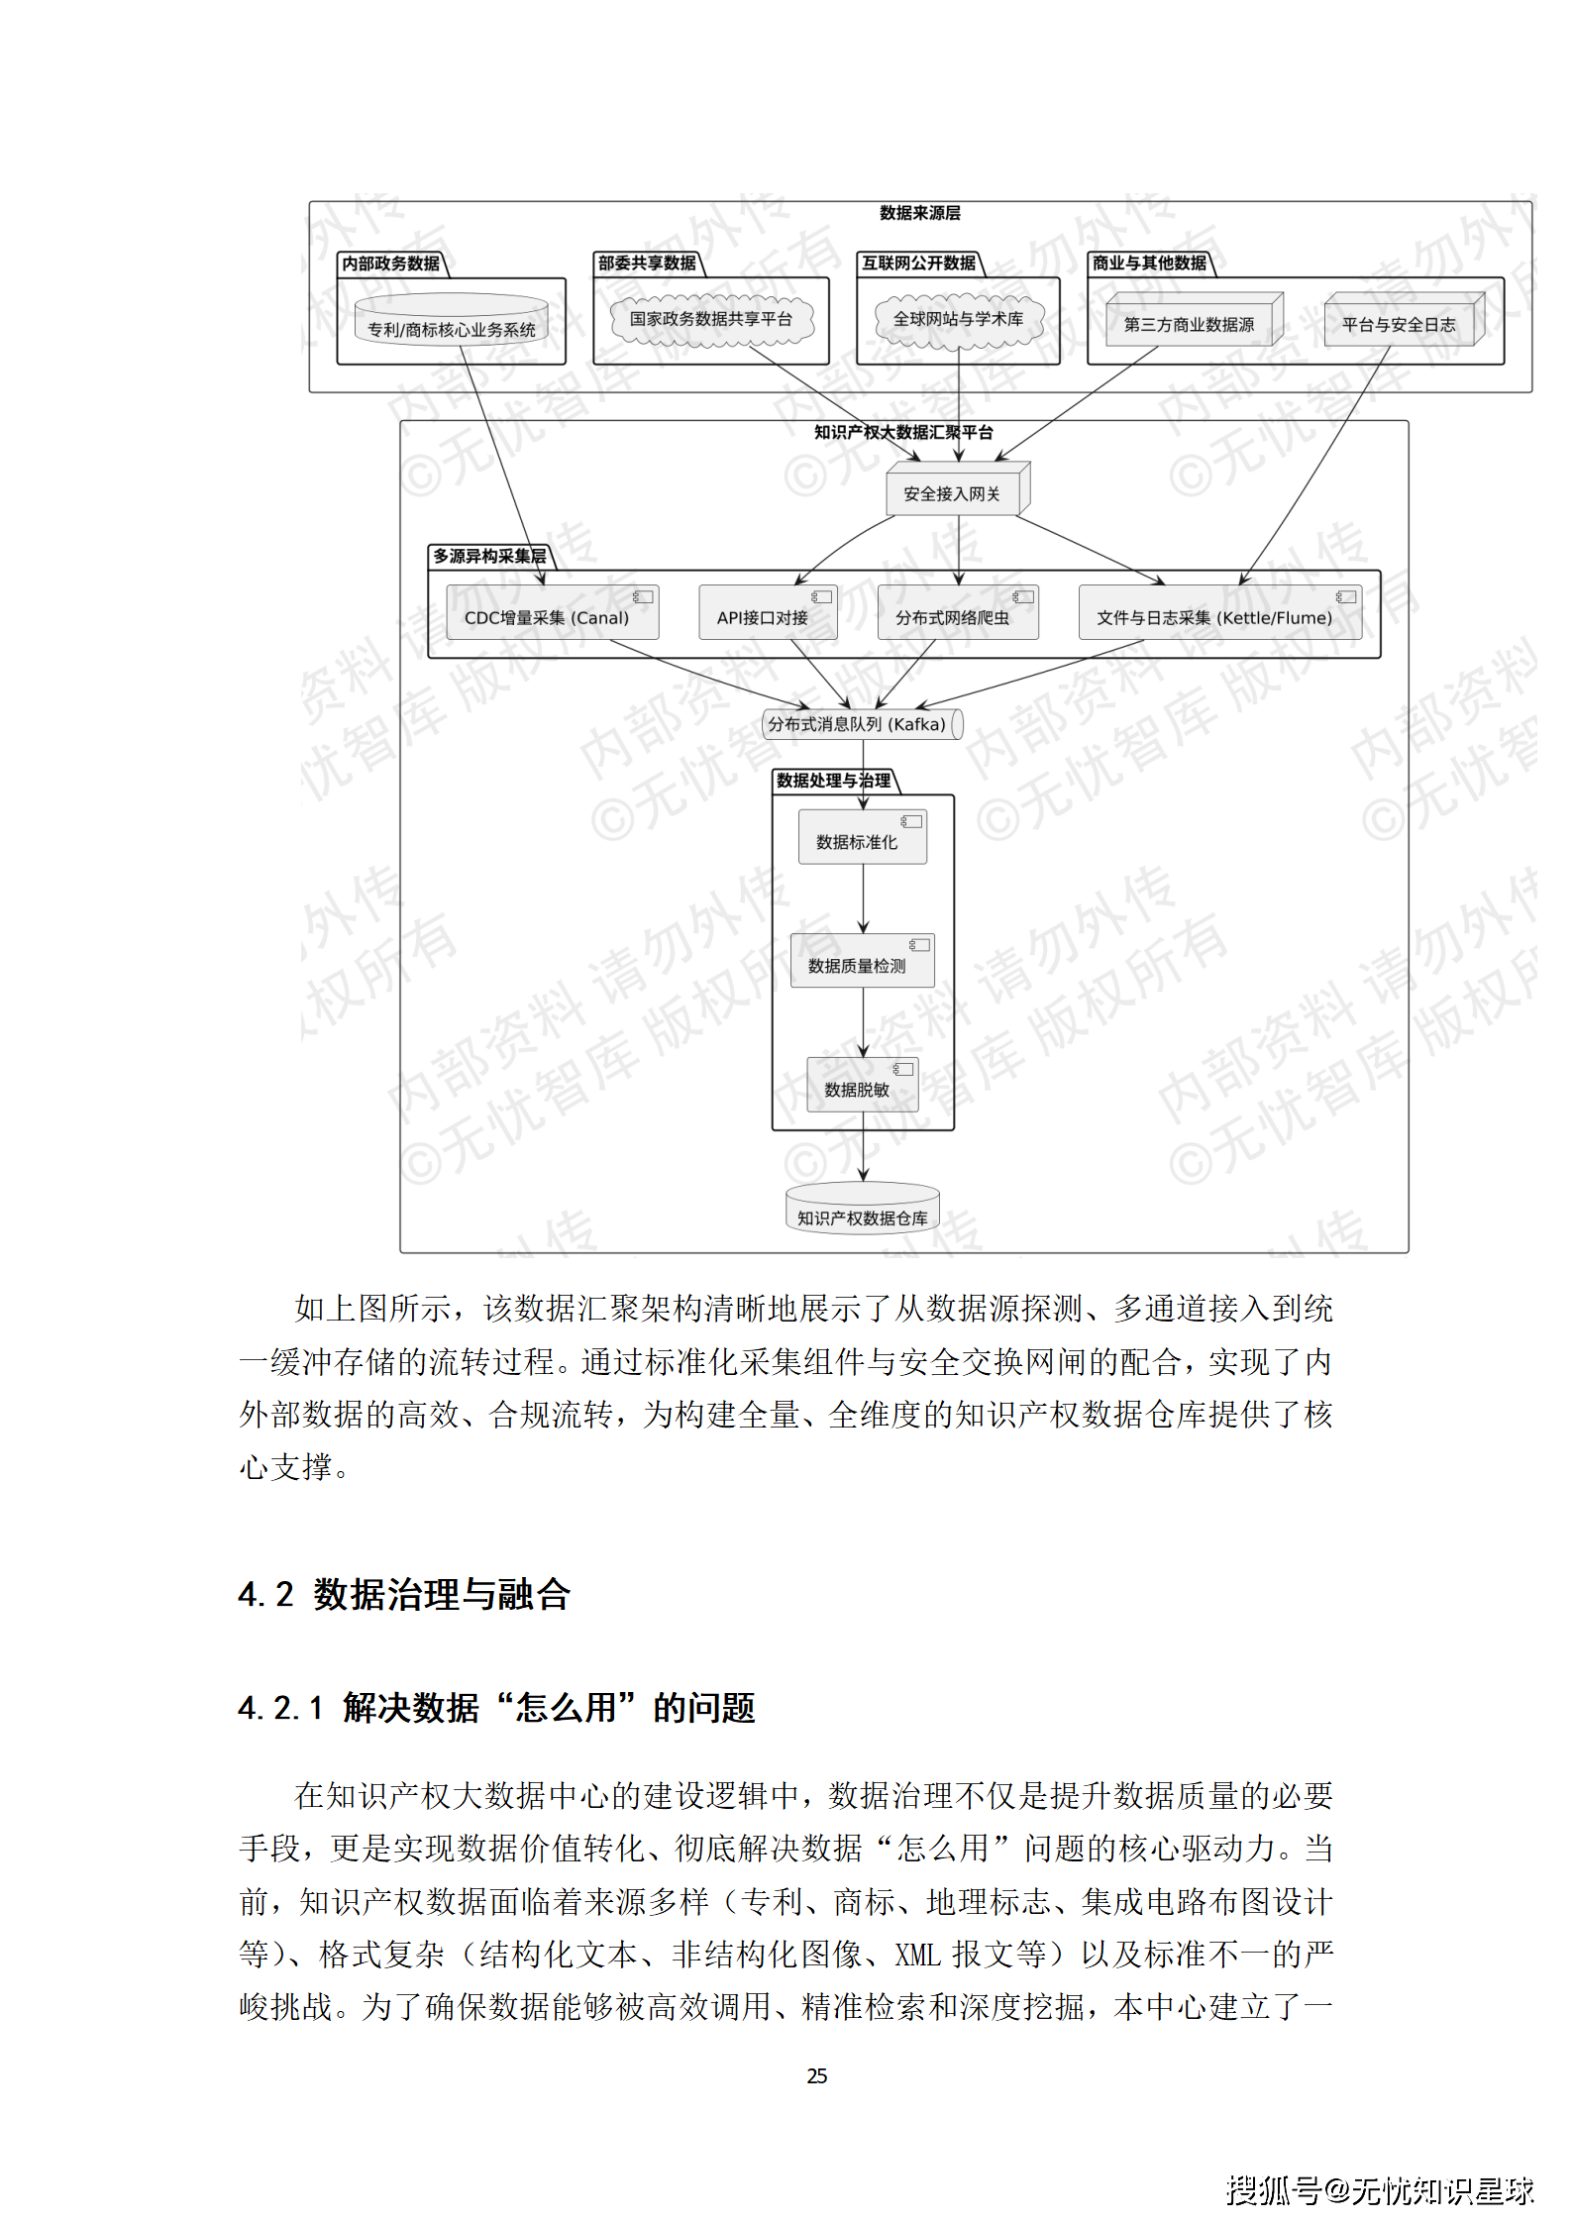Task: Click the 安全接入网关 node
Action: click(953, 492)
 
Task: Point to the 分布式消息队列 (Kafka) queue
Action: click(859, 724)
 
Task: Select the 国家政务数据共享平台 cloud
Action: click(711, 319)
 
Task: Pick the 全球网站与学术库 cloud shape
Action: click(958, 319)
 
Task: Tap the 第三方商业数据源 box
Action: click(1190, 323)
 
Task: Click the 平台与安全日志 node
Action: click(1400, 323)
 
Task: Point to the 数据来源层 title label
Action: click(919, 213)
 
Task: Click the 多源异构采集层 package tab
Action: click(489, 556)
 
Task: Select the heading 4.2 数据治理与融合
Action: click(404, 1594)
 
